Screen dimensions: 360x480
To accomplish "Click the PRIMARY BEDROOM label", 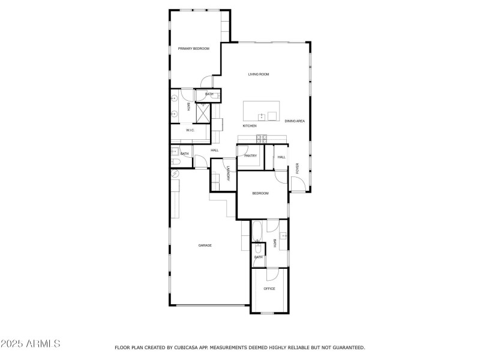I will (x=193, y=48).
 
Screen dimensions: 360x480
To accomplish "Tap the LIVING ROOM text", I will (x=259, y=74).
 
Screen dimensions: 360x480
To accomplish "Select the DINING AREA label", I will (x=295, y=121).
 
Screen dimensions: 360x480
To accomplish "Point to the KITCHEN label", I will (x=250, y=126).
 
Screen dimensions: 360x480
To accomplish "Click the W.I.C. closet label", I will (x=190, y=130).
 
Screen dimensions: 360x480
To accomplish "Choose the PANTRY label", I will (x=250, y=156).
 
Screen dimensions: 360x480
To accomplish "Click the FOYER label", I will (x=297, y=169).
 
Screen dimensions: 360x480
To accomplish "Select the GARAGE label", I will (x=205, y=245).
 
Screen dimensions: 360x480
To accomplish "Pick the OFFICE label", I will (x=269, y=289).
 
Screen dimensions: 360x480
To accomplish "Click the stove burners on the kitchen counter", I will (x=262, y=139).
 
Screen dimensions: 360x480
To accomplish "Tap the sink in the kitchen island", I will (x=262, y=116).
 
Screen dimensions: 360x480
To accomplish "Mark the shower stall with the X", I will (x=203, y=113).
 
